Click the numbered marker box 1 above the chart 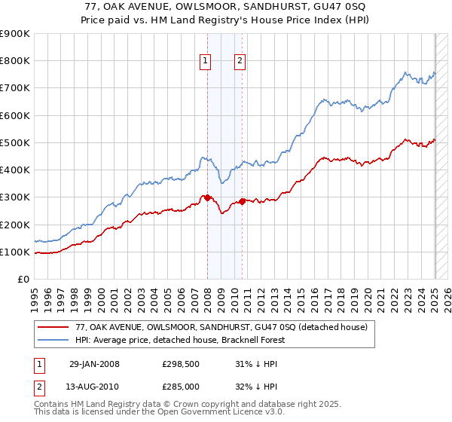click(x=205, y=62)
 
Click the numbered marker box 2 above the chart click(x=240, y=62)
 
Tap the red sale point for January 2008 click(x=208, y=197)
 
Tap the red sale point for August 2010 click(x=242, y=201)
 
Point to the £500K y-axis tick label click(x=15, y=142)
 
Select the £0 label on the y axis click(x=23, y=279)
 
